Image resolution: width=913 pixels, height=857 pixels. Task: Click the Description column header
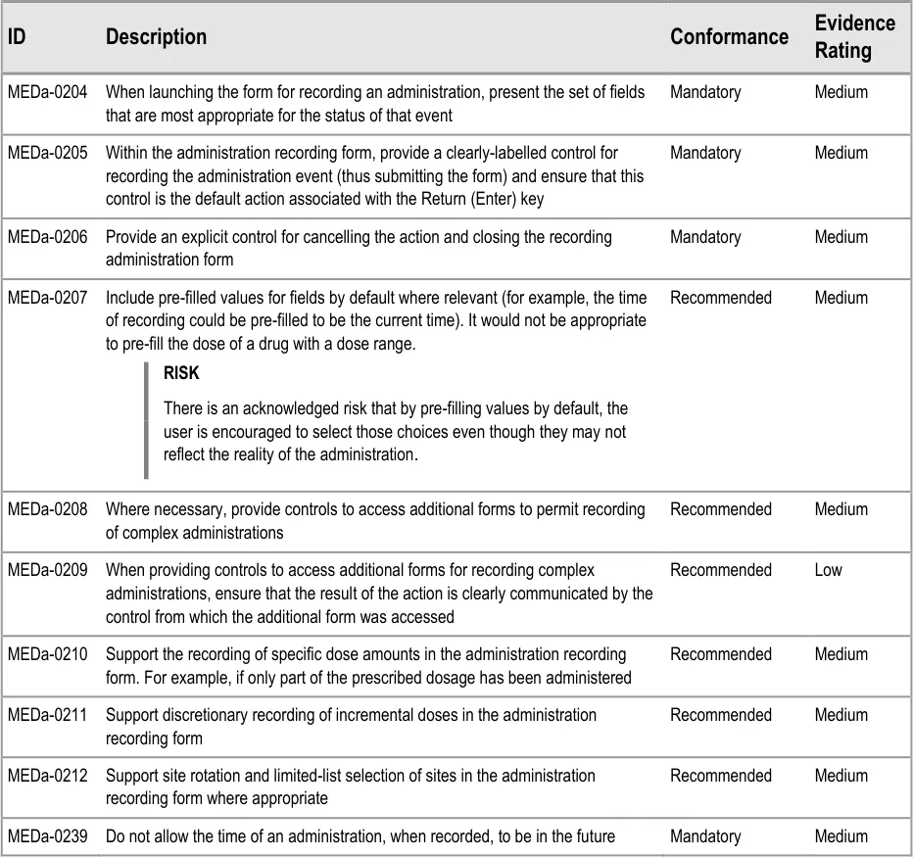(156, 37)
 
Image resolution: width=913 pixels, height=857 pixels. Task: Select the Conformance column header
(729, 37)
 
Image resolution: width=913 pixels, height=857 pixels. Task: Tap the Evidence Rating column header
(854, 36)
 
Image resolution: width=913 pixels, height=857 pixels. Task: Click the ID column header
(17, 37)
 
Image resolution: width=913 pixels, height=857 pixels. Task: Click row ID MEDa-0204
(47, 92)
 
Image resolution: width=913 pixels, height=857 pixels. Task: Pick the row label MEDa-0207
(47, 298)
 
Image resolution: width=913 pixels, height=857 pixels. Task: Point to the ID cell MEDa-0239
(47, 836)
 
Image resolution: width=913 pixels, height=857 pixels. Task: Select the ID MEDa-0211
(47, 715)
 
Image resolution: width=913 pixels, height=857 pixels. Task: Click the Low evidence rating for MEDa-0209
(828, 570)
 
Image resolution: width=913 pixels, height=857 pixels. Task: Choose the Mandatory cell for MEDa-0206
(705, 237)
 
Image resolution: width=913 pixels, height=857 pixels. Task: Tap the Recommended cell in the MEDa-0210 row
(721, 654)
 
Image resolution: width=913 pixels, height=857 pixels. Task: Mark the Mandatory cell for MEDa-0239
(705, 836)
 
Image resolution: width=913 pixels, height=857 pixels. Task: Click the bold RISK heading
(181, 373)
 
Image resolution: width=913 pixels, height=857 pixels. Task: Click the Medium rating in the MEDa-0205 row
(841, 153)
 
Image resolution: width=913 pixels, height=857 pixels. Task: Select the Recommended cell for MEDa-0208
(721, 509)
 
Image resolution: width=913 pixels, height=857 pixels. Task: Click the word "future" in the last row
(591, 836)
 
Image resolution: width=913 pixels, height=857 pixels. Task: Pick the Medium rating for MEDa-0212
(841, 776)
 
